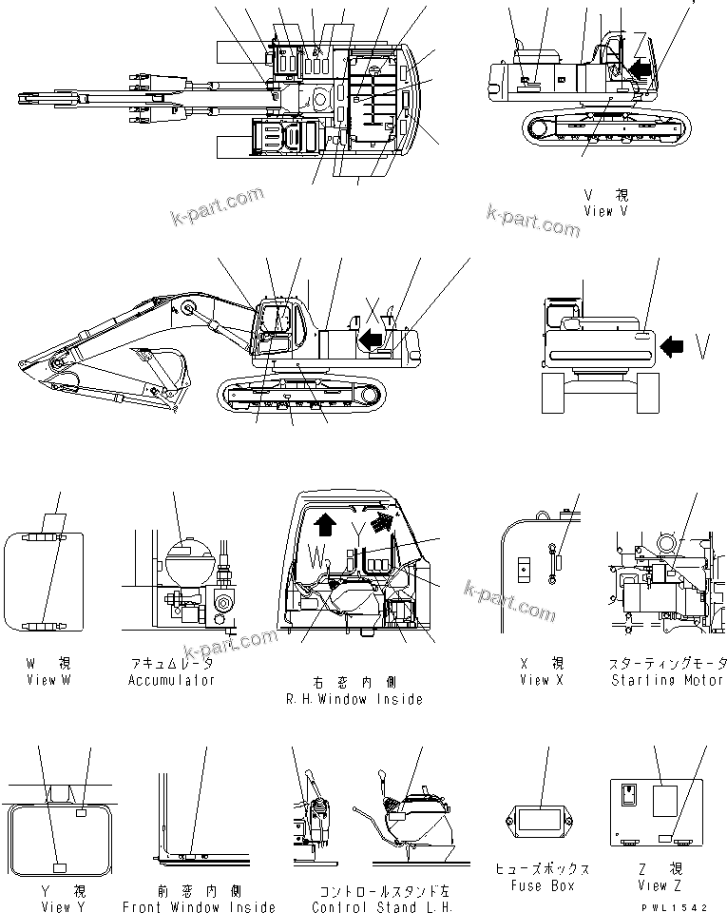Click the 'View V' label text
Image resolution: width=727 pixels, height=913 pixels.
[605, 212]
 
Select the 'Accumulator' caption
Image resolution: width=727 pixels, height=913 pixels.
[172, 680]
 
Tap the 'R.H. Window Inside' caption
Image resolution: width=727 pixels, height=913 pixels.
[354, 699]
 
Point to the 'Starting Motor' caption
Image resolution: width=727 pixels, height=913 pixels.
[668, 680]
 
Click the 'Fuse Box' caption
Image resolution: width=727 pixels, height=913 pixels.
[542, 885]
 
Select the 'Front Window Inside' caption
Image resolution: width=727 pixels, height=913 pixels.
[200, 907]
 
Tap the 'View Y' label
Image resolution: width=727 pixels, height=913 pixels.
[63, 907]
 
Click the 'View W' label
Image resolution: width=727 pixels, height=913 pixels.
[48, 680]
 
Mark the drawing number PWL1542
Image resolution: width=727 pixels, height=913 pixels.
[676, 907]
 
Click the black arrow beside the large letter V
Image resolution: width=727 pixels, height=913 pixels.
[673, 348]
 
